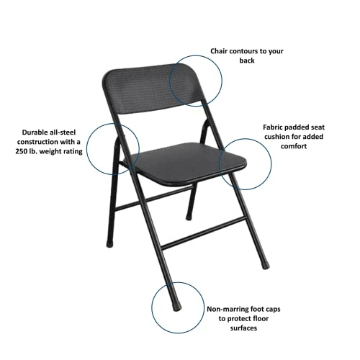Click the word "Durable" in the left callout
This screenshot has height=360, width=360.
point(34,132)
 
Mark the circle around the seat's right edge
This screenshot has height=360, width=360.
point(246,163)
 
